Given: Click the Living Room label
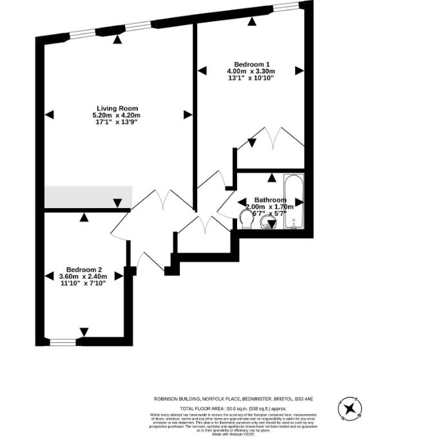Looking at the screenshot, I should pos(117,108).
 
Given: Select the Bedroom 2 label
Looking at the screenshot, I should pos(84,269).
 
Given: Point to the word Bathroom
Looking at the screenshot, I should pos(269,200).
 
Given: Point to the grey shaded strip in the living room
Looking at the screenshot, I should pos(88,196).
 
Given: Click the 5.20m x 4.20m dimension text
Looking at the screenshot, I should pos(117,115).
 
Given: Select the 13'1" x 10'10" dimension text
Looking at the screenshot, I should pos(251,78).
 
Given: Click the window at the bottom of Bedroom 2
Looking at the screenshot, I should pos(63,342).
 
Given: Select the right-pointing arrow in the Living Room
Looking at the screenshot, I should pos(187,115).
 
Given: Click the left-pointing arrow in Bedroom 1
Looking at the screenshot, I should pos(202,70).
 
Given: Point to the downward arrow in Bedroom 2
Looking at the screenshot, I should pos(84,332).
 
